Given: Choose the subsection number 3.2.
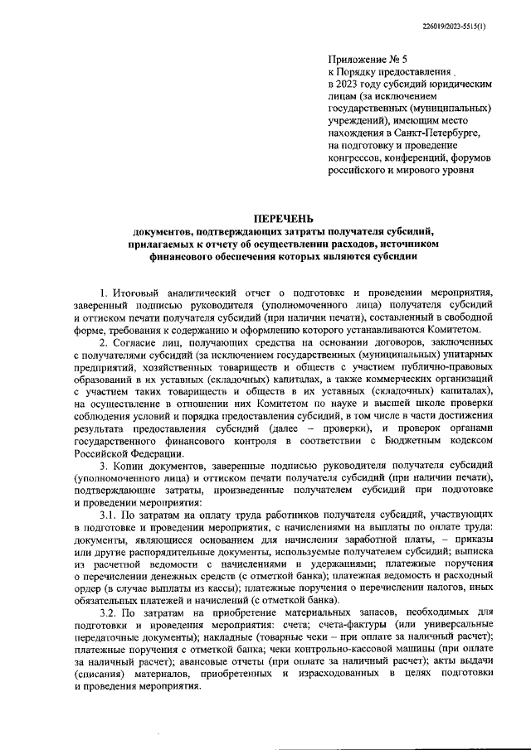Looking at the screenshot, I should (x=109, y=612).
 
